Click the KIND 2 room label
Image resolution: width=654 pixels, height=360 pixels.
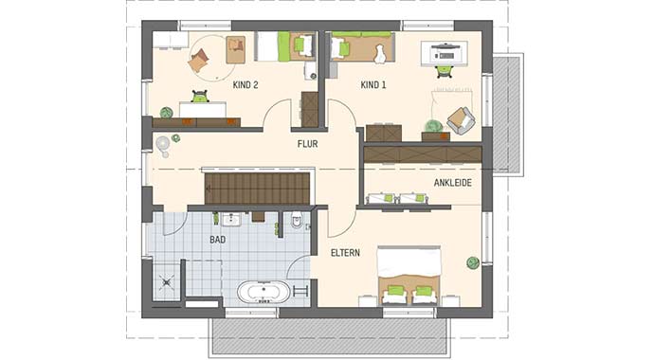(x=245, y=85)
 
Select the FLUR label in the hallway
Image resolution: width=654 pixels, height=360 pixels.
(x=307, y=144)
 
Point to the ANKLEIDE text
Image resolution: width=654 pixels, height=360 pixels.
(x=453, y=183)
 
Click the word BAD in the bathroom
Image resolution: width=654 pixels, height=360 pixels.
(x=218, y=241)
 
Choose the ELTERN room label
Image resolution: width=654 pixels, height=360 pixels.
(x=346, y=253)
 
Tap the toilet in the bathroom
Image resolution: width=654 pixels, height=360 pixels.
(x=298, y=223)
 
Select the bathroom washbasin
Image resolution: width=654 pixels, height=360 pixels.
(x=230, y=219)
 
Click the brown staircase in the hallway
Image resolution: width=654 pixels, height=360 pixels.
(x=257, y=188)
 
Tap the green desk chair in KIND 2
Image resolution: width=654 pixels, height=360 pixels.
(x=200, y=96)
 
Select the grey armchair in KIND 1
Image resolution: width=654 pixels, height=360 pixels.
(x=461, y=120)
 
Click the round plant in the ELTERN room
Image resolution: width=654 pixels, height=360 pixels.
(x=471, y=262)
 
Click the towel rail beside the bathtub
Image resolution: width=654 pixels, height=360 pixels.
(x=300, y=289)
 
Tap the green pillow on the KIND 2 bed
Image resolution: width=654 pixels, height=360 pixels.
(x=301, y=44)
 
